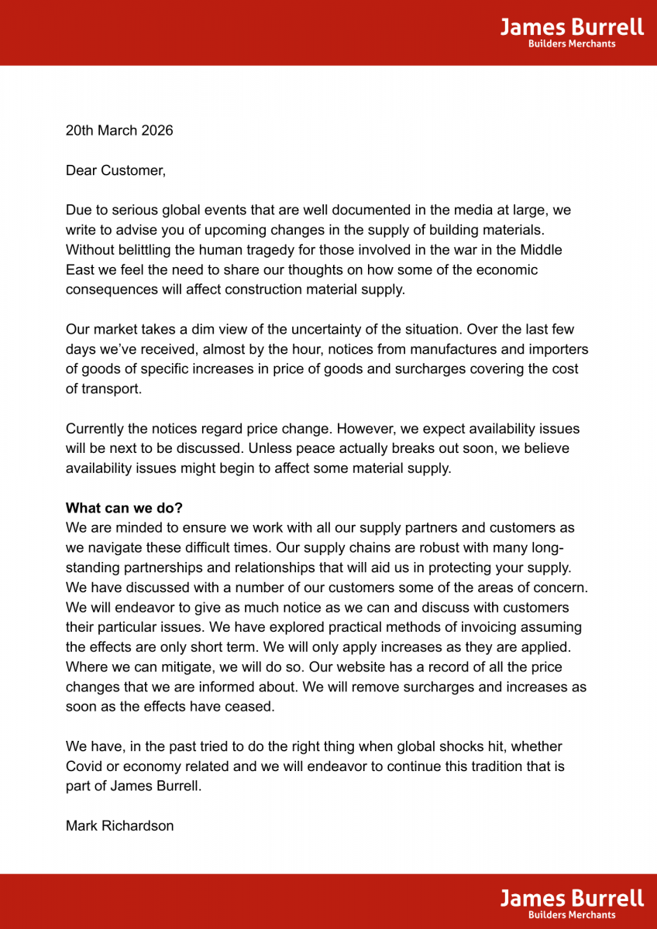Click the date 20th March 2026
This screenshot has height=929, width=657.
tap(119, 130)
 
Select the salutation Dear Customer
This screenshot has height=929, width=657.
tap(115, 170)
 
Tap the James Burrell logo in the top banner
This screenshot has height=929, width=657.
tap(572, 28)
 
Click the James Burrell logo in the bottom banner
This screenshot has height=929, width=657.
tap(572, 898)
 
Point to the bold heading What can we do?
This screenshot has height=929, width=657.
tap(124, 508)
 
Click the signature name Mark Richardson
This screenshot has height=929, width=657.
tap(119, 826)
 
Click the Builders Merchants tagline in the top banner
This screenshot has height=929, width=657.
tap(572, 44)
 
